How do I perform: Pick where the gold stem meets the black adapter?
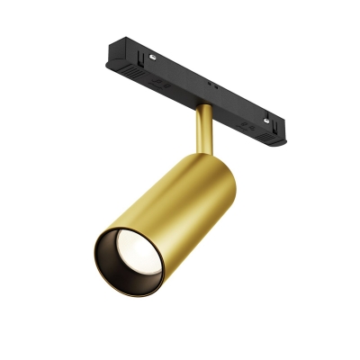tap(204, 107)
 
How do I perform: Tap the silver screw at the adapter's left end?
tap(154, 55)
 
